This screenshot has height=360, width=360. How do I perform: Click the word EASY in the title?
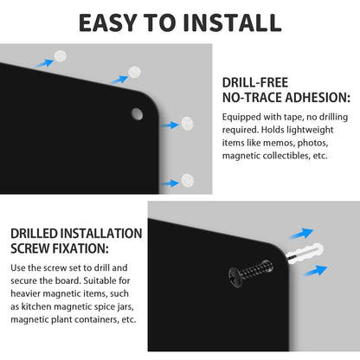(x=107, y=22)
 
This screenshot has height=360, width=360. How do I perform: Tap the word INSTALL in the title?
(x=232, y=22)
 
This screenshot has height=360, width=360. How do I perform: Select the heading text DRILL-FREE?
(x=255, y=82)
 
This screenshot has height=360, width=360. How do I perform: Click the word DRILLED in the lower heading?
(x=35, y=234)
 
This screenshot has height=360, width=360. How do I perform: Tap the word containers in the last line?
(x=93, y=319)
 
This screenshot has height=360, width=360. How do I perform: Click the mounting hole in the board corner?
(x=137, y=114)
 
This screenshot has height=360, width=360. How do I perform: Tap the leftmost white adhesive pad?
(x=61, y=56)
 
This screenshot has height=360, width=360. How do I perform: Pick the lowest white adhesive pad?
(x=188, y=180)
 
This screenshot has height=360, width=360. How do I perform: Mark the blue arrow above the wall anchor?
(x=301, y=234)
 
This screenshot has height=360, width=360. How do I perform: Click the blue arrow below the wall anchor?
(x=315, y=271)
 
